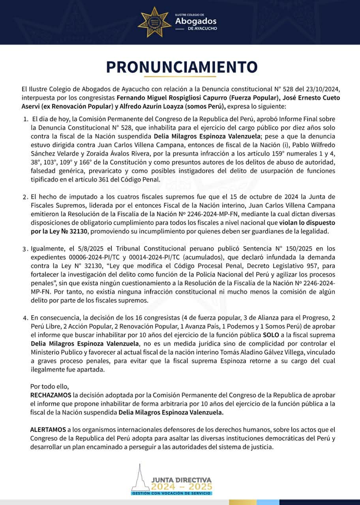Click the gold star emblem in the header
pyautogui.click(x=154, y=22)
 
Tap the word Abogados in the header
pyautogui.click(x=196, y=21)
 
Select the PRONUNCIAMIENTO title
pyautogui.click(x=182, y=67)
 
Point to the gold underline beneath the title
pyautogui.click(x=180, y=76)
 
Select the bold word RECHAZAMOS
pyautogui.click(x=51, y=395)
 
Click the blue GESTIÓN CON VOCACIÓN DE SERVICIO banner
pyautogui.click(x=172, y=493)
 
